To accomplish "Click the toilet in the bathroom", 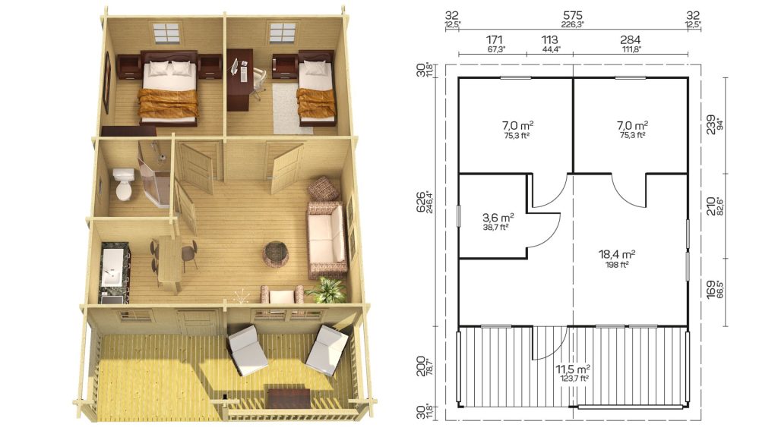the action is click(123, 183).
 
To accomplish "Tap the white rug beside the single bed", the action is click(293, 108).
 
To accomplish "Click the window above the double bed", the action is click(166, 32).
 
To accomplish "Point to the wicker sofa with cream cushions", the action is click(327, 239).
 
